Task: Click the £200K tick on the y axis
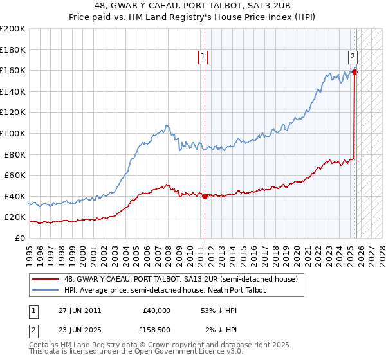(13, 29)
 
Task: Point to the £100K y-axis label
(13, 133)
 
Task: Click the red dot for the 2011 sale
(205, 196)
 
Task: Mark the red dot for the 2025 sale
(354, 72)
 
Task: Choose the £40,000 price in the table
(156, 310)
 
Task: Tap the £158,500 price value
(154, 330)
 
